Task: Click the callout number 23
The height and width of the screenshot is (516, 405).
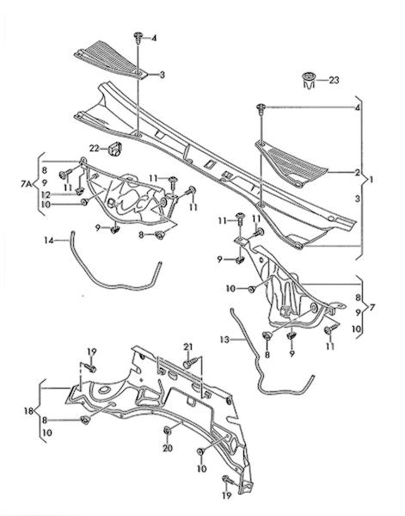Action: pos(334,80)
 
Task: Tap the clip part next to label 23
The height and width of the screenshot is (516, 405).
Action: pos(309,80)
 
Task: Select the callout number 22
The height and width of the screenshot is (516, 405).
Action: pos(94,149)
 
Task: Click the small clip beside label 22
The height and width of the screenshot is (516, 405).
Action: pos(115,149)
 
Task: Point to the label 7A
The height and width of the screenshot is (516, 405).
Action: pos(27,184)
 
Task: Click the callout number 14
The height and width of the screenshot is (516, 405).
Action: pos(49,241)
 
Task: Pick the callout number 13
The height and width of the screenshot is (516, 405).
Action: pos(225,340)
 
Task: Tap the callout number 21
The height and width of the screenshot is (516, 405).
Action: pos(187,347)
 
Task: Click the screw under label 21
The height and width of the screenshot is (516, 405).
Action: pos(190,363)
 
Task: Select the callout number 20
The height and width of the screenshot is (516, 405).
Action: pos(168,448)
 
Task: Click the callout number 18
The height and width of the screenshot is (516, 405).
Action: pos(28,411)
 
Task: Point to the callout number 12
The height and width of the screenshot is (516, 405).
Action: pos(46,194)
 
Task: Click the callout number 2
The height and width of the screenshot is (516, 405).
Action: pos(358,172)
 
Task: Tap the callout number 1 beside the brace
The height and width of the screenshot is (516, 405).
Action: pos(371,180)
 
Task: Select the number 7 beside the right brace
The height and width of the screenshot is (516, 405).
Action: pos(372,309)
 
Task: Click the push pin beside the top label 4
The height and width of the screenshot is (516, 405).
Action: pos(138,38)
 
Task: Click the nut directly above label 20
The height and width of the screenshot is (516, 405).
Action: pos(167,430)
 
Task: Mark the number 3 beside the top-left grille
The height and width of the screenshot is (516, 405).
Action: pos(162,75)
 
